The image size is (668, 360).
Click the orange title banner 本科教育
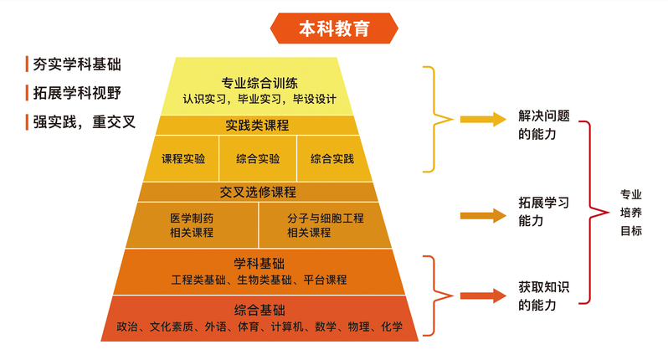pyautogui.click(x=334, y=28)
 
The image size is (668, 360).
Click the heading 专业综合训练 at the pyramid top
pyautogui.click(x=259, y=83)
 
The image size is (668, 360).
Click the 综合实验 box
pyautogui.click(x=258, y=158)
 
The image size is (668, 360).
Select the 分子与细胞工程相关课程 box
pyautogui.click(x=326, y=225)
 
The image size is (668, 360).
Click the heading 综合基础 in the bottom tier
pyautogui.click(x=259, y=310)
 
